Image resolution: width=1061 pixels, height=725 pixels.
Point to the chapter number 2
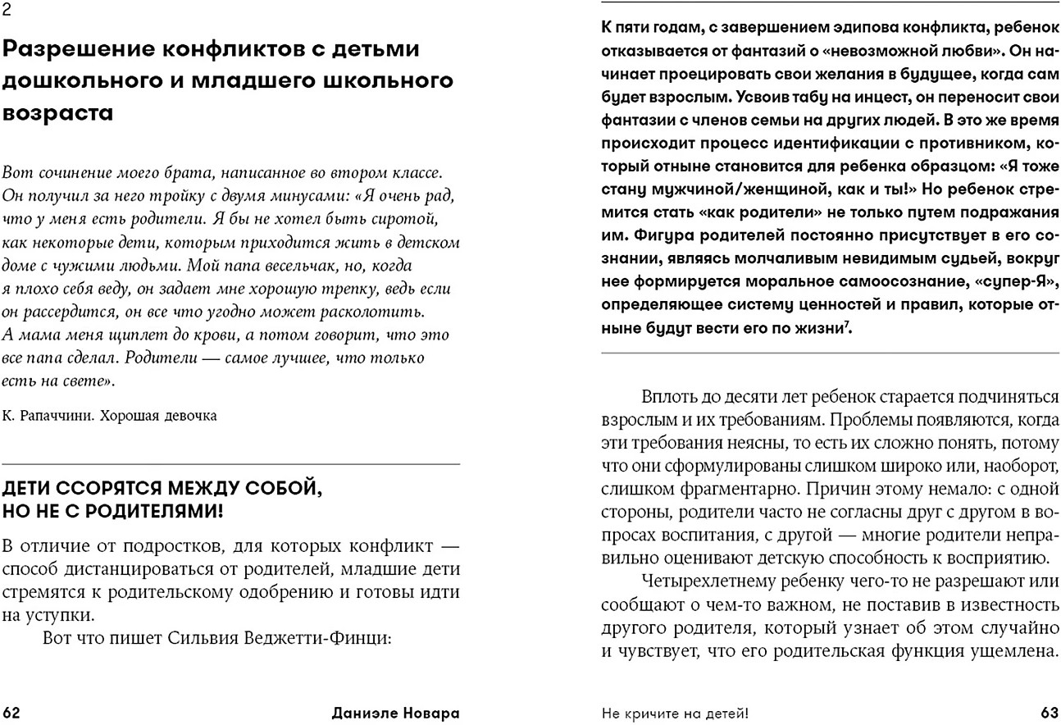tap(7, 10)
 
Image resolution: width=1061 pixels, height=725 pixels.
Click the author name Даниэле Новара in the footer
tap(395, 712)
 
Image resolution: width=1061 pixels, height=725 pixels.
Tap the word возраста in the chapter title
tap(57, 113)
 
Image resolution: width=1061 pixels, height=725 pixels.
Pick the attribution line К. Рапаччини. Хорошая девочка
tap(109, 416)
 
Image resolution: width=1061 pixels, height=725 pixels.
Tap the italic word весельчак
tap(260, 266)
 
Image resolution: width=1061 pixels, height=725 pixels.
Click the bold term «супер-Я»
tap(992, 281)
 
